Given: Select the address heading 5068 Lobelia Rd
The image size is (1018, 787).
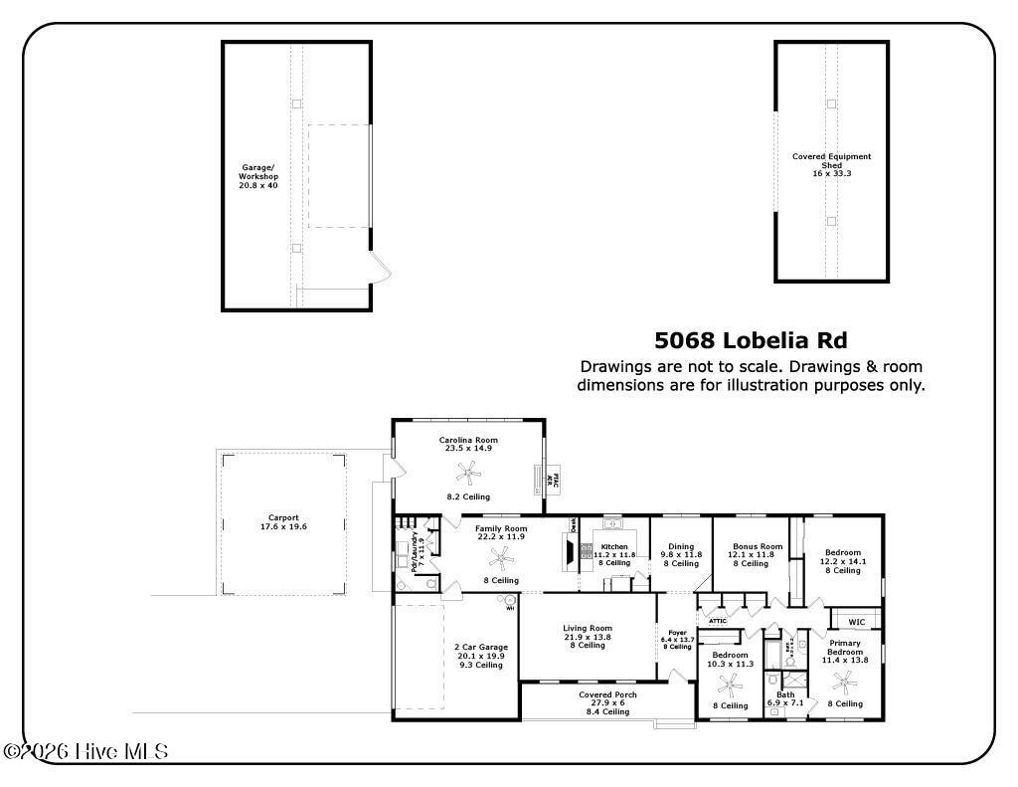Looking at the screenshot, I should point(751,340).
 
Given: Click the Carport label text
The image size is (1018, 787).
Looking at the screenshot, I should point(283,517).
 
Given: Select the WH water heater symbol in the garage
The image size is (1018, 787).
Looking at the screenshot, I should point(508,602).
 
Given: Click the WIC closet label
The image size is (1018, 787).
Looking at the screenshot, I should point(856,622).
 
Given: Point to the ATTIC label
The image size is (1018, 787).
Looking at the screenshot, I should point(718,621).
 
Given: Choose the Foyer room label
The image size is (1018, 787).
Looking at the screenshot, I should point(677,633).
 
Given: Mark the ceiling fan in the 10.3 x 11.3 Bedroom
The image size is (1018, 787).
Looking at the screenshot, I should point(730,685).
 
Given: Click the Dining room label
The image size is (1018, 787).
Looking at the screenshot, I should point(681,546).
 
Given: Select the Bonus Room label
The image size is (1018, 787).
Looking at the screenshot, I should point(758,546).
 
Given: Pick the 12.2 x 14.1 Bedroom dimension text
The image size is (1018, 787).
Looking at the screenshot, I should point(843,562).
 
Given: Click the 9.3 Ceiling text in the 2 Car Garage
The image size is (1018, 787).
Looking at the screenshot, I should point(480,665).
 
